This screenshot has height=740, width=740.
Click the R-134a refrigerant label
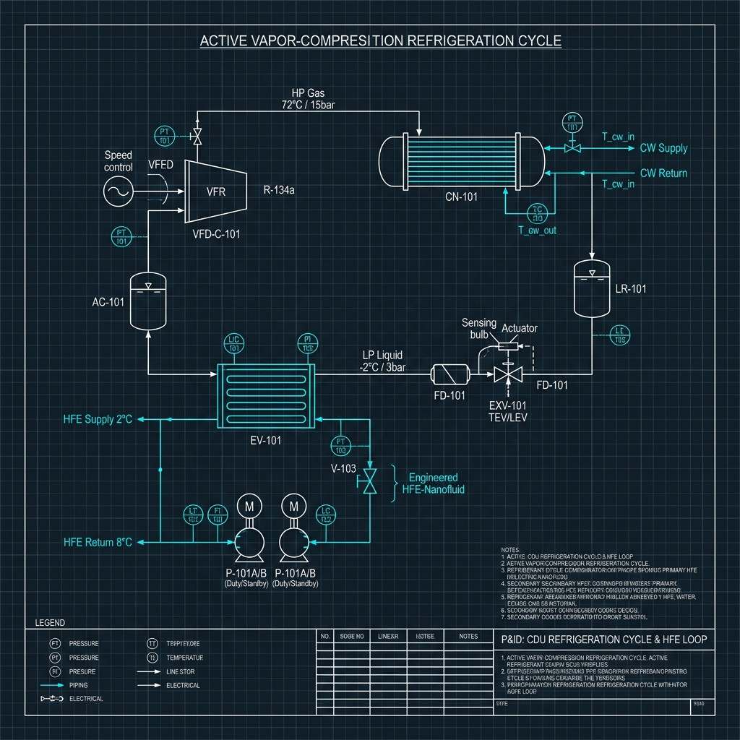280,192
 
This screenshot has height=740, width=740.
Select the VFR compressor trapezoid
216,192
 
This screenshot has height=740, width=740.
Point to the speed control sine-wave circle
119,192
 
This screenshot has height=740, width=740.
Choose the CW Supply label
663,148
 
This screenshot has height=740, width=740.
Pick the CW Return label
663,173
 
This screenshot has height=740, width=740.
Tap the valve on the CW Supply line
573,147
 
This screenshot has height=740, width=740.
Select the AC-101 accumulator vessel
147,301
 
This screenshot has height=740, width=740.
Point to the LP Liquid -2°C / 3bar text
382,361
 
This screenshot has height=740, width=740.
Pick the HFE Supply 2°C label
98,419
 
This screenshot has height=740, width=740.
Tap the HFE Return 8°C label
98,542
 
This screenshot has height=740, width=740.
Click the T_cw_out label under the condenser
537,231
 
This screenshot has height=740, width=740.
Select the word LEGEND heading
50,622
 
